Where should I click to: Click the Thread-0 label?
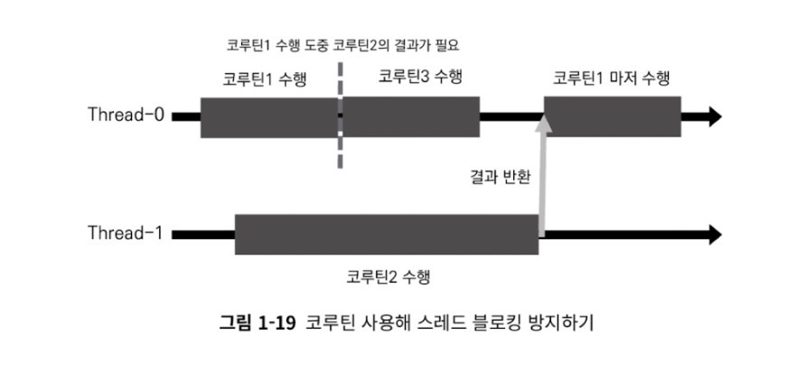coord(126,116)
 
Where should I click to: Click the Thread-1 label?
coord(126,234)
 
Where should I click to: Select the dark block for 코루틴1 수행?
coord(267,116)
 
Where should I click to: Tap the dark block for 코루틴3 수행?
coord(412,116)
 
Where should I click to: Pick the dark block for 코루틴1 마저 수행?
coord(612,116)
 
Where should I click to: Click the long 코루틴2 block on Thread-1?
coord(387,234)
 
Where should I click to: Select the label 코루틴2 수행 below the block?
coord(389,274)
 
